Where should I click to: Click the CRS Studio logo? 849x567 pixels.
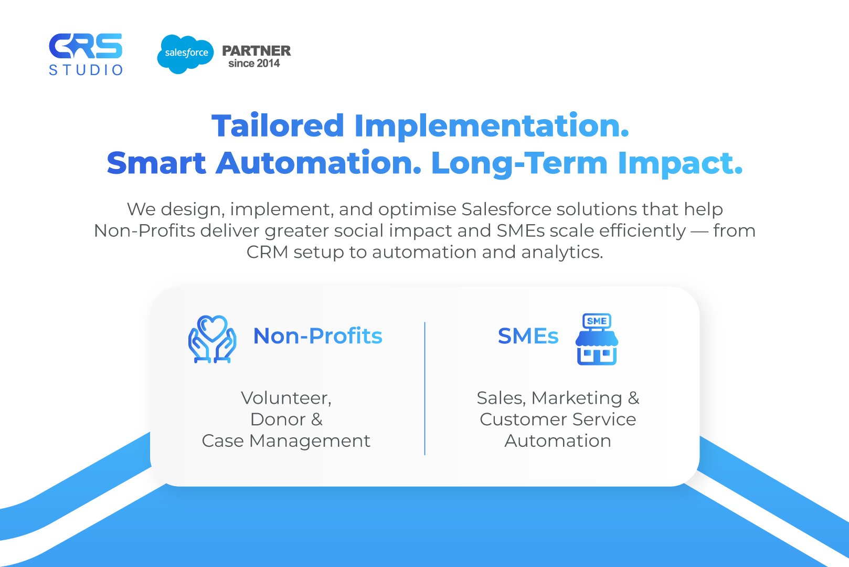pyautogui.click(x=86, y=54)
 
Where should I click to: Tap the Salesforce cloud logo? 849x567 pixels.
pyautogui.click(x=185, y=54)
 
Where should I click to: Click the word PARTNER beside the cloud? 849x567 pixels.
pyautogui.click(x=256, y=50)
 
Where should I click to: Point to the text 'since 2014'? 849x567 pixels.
pyautogui.click(x=254, y=64)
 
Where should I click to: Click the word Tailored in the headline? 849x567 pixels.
pyautogui.click(x=278, y=125)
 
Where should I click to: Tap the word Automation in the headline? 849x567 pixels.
pyautogui.click(x=319, y=163)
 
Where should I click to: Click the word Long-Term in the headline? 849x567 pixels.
pyautogui.click(x=519, y=163)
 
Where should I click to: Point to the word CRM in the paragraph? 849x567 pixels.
pyautogui.click(x=267, y=252)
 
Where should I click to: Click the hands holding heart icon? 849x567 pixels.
pyautogui.click(x=212, y=339)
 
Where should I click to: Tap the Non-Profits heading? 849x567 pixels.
pyautogui.click(x=317, y=336)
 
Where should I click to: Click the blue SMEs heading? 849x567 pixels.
pyautogui.click(x=528, y=336)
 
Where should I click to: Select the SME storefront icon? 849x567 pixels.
pyautogui.click(x=597, y=339)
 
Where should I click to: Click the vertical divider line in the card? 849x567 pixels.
pyautogui.click(x=425, y=388)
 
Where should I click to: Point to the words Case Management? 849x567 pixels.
pyautogui.click(x=286, y=441)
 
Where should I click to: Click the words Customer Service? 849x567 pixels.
pyautogui.click(x=558, y=419)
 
